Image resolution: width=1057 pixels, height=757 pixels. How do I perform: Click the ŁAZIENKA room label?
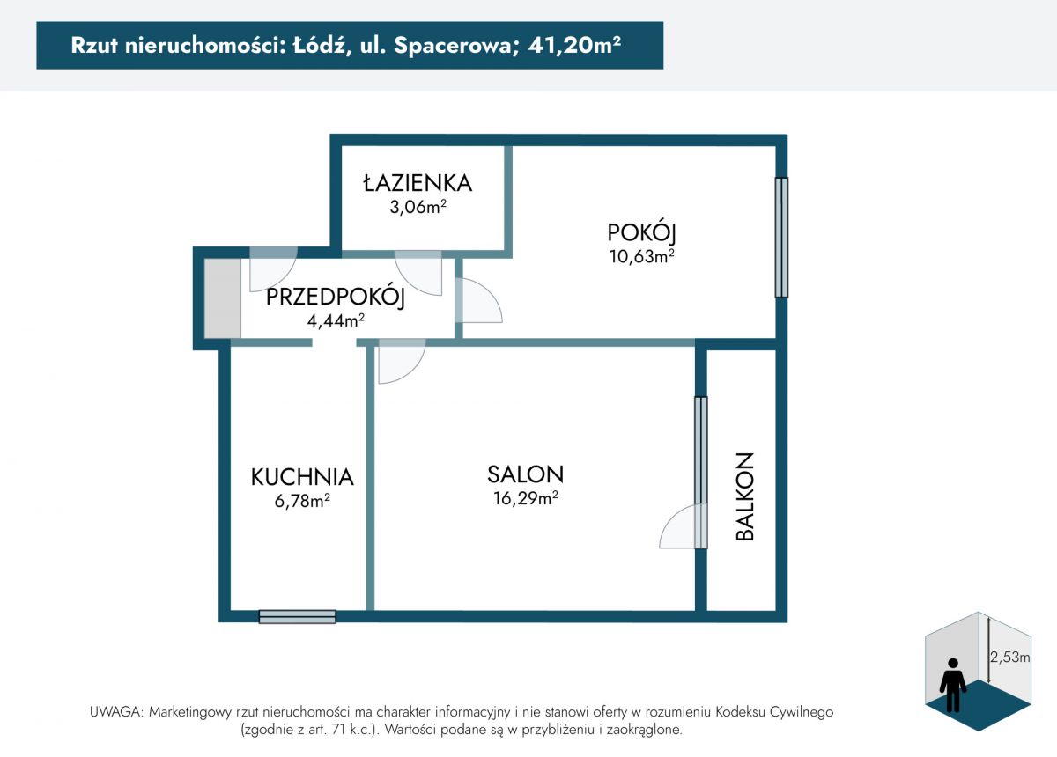click(x=418, y=183)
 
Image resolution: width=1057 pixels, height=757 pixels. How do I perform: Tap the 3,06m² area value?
click(x=418, y=207)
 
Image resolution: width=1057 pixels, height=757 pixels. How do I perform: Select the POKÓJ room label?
click(x=642, y=233)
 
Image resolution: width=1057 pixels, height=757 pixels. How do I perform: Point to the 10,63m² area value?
click(x=642, y=256)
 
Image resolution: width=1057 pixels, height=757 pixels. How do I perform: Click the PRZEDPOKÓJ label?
click(x=336, y=298)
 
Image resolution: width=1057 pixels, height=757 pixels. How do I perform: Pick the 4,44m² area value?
click(x=336, y=320)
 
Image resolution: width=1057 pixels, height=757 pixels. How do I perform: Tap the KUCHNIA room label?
click(x=302, y=477)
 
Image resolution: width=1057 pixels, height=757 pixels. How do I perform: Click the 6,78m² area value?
click(x=302, y=501)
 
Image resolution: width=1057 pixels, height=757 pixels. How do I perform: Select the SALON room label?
click(x=525, y=474)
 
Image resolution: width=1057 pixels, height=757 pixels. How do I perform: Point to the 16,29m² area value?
click(x=526, y=498)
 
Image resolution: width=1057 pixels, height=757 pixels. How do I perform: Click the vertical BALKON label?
click(x=745, y=496)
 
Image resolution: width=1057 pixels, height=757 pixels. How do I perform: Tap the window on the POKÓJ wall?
click(x=781, y=238)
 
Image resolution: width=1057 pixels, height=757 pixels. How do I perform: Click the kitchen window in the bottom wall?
click(x=298, y=616)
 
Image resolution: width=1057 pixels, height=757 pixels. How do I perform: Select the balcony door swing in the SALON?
click(x=677, y=525)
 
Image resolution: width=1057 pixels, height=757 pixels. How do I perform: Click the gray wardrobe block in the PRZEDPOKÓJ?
click(x=223, y=298)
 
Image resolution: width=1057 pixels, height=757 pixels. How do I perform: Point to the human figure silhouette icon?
click(x=953, y=686)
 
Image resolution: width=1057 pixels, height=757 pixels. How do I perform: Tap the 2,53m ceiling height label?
click(x=1009, y=657)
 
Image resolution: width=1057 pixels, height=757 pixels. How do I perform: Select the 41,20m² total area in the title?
click(x=574, y=45)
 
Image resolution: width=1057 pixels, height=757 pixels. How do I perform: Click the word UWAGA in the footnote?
click(x=115, y=712)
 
